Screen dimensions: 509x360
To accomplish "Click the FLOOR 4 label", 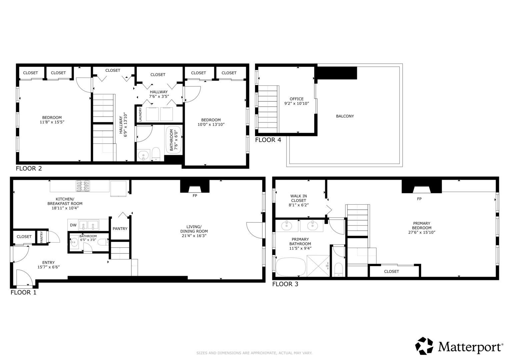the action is click(268, 140).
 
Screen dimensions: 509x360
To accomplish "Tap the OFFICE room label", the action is click(297, 99).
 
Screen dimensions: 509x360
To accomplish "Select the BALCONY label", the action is click(345, 116).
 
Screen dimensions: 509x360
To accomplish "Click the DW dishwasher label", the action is click(73, 225).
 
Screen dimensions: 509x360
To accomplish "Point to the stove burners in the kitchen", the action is click(83, 186).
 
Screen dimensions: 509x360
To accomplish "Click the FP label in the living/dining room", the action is click(195, 195).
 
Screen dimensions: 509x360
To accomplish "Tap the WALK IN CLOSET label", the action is click(299, 198).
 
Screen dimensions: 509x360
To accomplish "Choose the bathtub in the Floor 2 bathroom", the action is click(174, 140).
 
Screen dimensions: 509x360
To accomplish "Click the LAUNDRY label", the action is click(140, 114).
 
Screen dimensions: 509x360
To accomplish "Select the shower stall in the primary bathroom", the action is click(318, 266).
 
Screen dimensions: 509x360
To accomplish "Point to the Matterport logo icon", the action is click(424, 346).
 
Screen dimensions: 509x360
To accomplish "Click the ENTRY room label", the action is click(48, 263).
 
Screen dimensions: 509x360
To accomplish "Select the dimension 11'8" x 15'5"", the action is click(52, 122).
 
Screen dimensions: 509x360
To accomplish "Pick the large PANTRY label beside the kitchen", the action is click(120, 229).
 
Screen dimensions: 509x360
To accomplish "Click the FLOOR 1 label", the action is click(23, 292).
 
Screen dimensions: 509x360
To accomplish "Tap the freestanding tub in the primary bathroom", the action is click(291, 267).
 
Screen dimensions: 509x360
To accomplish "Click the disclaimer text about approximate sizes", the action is click(254, 353).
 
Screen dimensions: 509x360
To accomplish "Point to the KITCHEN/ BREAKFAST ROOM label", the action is click(65, 201).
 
